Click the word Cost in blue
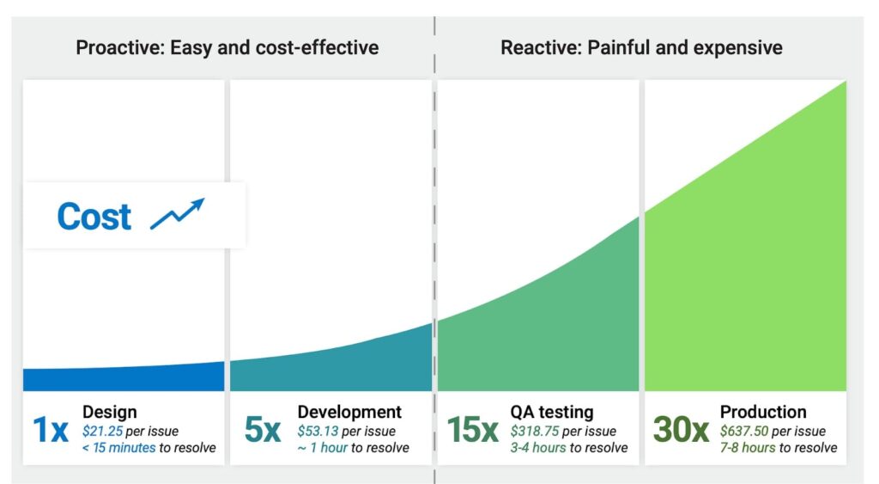pyautogui.click(x=94, y=217)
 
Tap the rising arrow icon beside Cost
pyautogui.click(x=177, y=214)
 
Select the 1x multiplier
pyautogui.click(x=50, y=430)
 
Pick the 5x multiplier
pyautogui.click(x=262, y=430)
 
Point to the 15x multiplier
pyautogui.click(x=472, y=430)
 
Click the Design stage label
pyautogui.click(x=109, y=413)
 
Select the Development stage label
pyautogui.click(x=349, y=413)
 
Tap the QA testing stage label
pyautogui.click(x=551, y=413)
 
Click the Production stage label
pyautogui.click(x=763, y=413)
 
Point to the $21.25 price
pyautogui.click(x=103, y=431)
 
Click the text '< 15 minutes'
pyautogui.click(x=119, y=448)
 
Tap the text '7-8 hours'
pyautogui.click(x=749, y=448)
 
